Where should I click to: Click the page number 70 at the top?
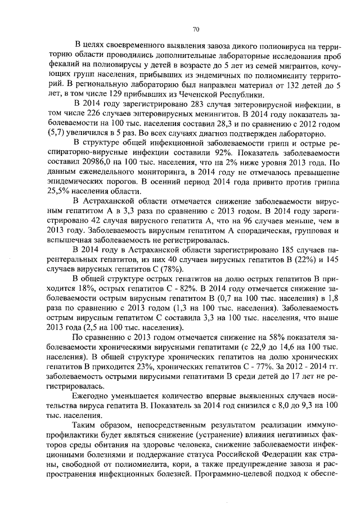(x=196, y=29)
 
